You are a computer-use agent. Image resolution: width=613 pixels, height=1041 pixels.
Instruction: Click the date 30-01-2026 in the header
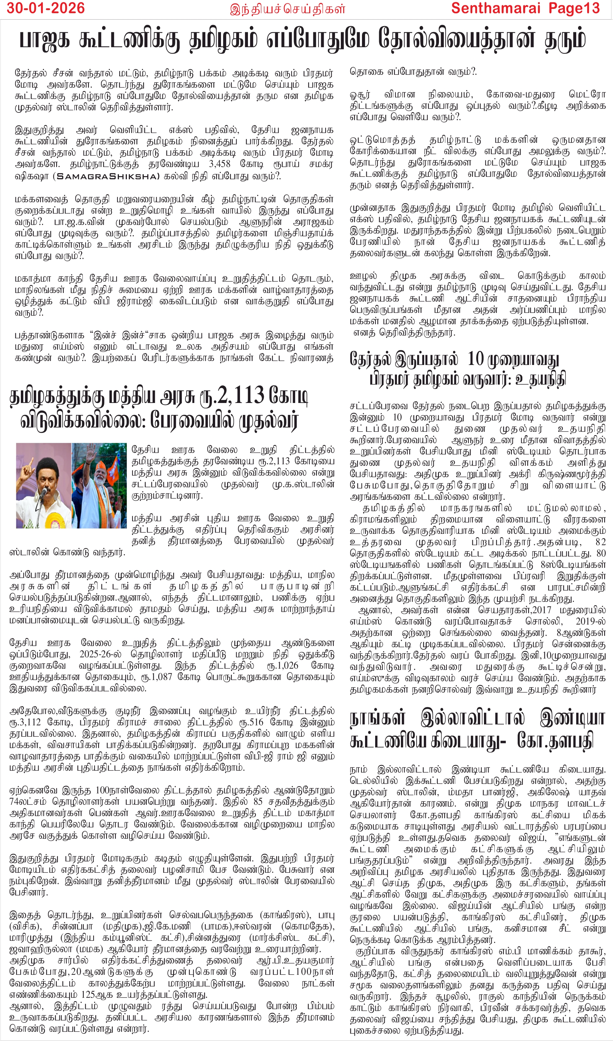click(x=45, y=8)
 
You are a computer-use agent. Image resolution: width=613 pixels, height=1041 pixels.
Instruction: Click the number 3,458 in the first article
click(x=219, y=165)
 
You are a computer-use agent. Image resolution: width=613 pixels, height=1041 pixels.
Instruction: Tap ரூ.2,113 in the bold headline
click(x=231, y=396)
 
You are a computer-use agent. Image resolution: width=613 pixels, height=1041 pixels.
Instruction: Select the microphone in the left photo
click(x=43, y=491)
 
